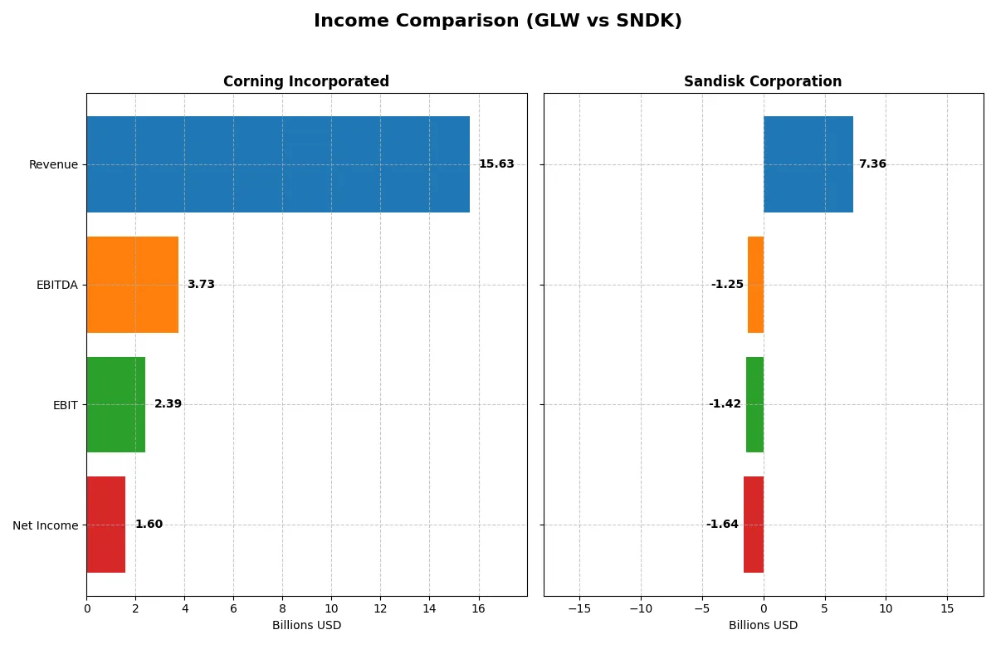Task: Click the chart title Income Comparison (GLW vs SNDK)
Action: click(497, 22)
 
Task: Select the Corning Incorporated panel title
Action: click(305, 81)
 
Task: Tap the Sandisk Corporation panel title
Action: click(762, 81)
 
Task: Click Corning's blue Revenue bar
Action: click(278, 164)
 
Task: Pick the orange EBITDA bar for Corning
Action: click(132, 285)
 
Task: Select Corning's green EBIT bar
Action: click(115, 405)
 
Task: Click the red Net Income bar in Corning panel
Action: click(105, 525)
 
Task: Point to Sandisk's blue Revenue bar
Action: click(808, 164)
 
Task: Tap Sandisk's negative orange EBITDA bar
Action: click(755, 285)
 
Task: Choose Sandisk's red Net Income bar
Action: click(754, 525)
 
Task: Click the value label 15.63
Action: click(496, 164)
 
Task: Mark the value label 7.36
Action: click(872, 164)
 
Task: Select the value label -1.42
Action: click(725, 404)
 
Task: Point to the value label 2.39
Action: click(168, 404)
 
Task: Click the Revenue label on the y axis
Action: click(53, 164)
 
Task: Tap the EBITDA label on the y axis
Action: click(56, 285)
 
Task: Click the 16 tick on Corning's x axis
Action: click(478, 608)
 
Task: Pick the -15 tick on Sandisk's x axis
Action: click(579, 608)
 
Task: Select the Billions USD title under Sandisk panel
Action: click(763, 625)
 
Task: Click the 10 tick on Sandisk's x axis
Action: click(886, 608)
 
